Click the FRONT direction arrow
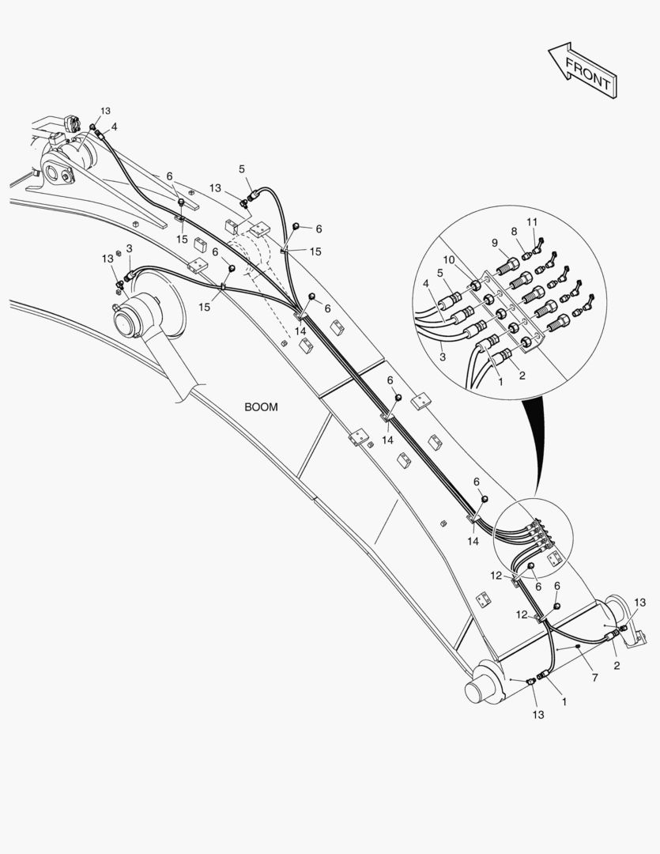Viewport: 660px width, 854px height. click(x=583, y=71)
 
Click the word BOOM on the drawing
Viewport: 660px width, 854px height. click(x=261, y=407)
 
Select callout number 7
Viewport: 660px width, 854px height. click(x=594, y=678)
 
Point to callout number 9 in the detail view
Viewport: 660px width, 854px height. click(x=495, y=243)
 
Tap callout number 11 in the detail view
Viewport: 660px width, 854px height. click(x=532, y=222)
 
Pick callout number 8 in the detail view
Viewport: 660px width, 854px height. click(x=514, y=232)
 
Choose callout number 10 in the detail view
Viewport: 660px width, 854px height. click(x=448, y=260)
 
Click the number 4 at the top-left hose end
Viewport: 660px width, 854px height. click(x=114, y=127)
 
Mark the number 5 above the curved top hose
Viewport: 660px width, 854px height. click(x=242, y=169)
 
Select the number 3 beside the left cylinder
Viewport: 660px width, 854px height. click(x=129, y=248)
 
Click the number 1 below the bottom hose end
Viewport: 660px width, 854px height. click(x=564, y=702)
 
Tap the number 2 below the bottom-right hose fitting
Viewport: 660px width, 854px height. click(x=617, y=666)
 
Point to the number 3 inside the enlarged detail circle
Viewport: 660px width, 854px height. click(x=442, y=357)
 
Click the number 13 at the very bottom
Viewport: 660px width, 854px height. click(x=538, y=715)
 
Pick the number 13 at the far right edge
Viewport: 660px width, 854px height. click(x=640, y=603)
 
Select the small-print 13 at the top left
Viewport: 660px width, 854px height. click(x=105, y=111)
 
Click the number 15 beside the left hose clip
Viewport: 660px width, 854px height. click(x=204, y=307)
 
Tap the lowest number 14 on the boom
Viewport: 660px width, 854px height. click(x=473, y=542)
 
